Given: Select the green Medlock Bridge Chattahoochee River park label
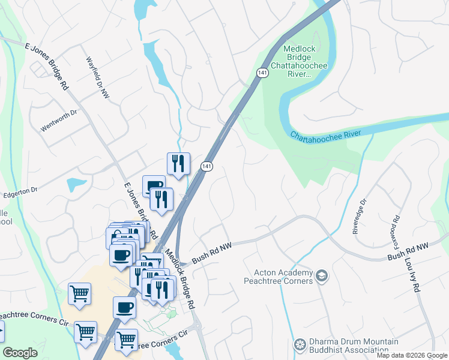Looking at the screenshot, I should click(298, 62).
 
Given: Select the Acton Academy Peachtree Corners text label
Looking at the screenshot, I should click(279, 277).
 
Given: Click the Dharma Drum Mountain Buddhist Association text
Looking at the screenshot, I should click(348, 346).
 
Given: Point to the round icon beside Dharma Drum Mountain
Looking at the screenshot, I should click(300, 346).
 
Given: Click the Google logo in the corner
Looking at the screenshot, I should click(20, 352).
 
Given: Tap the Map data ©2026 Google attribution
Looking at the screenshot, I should click(411, 355).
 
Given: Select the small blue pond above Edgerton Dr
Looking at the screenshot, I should click(76, 184).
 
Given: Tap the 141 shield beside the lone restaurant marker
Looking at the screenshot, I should click(206, 166).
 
